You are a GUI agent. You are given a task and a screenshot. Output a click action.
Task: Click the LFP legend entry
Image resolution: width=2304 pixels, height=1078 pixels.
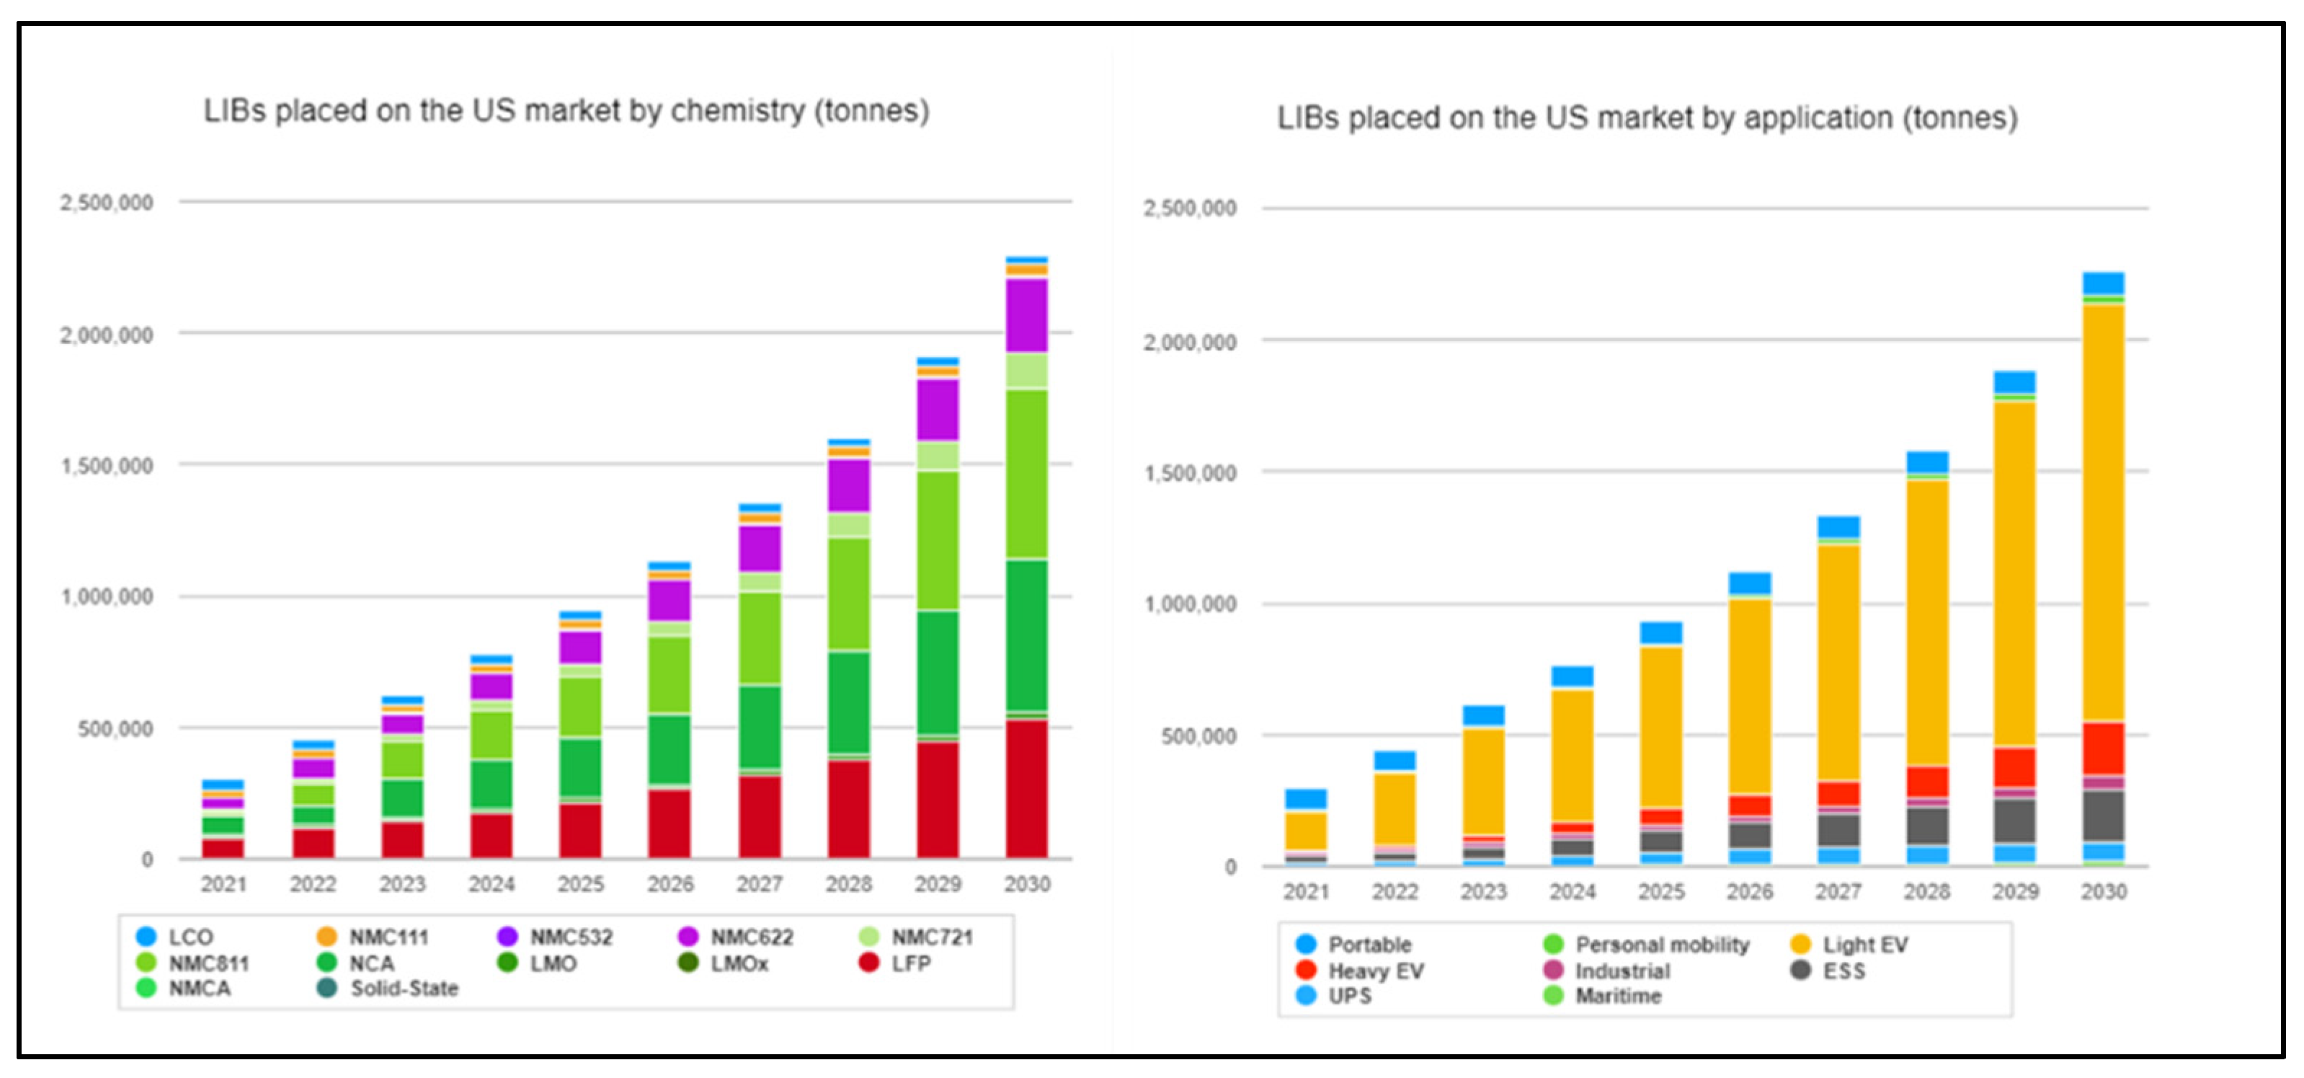(909, 963)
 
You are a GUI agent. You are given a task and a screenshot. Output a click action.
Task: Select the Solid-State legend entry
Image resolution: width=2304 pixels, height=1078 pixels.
(402, 988)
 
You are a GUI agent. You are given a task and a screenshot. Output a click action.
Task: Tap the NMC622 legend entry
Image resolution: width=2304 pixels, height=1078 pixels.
(750, 937)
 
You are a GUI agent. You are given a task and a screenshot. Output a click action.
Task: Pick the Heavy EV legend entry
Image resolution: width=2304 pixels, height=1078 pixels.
(1375, 971)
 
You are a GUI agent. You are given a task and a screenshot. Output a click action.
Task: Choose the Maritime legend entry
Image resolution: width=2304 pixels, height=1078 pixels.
(1617, 996)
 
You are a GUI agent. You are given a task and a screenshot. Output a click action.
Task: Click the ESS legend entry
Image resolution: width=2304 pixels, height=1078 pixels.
(1843, 971)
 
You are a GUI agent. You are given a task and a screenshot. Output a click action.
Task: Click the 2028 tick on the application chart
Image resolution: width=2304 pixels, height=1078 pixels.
(1926, 891)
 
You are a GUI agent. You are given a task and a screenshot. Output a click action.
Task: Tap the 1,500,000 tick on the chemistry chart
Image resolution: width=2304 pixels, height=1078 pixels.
(107, 465)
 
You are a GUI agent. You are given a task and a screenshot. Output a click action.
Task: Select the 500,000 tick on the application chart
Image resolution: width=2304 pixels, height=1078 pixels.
(1198, 736)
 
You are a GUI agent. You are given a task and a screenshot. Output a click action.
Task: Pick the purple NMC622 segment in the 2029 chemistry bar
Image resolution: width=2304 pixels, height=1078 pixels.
(938, 410)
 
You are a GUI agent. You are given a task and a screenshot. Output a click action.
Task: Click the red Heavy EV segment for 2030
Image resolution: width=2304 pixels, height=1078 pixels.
(2103, 748)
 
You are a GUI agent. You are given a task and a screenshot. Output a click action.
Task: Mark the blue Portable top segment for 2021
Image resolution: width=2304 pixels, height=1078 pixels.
(1305, 799)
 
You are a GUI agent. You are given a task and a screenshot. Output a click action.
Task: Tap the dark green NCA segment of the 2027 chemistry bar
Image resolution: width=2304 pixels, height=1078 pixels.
(760, 726)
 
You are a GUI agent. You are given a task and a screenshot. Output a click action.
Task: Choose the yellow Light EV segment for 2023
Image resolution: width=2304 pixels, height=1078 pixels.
(1483, 781)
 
